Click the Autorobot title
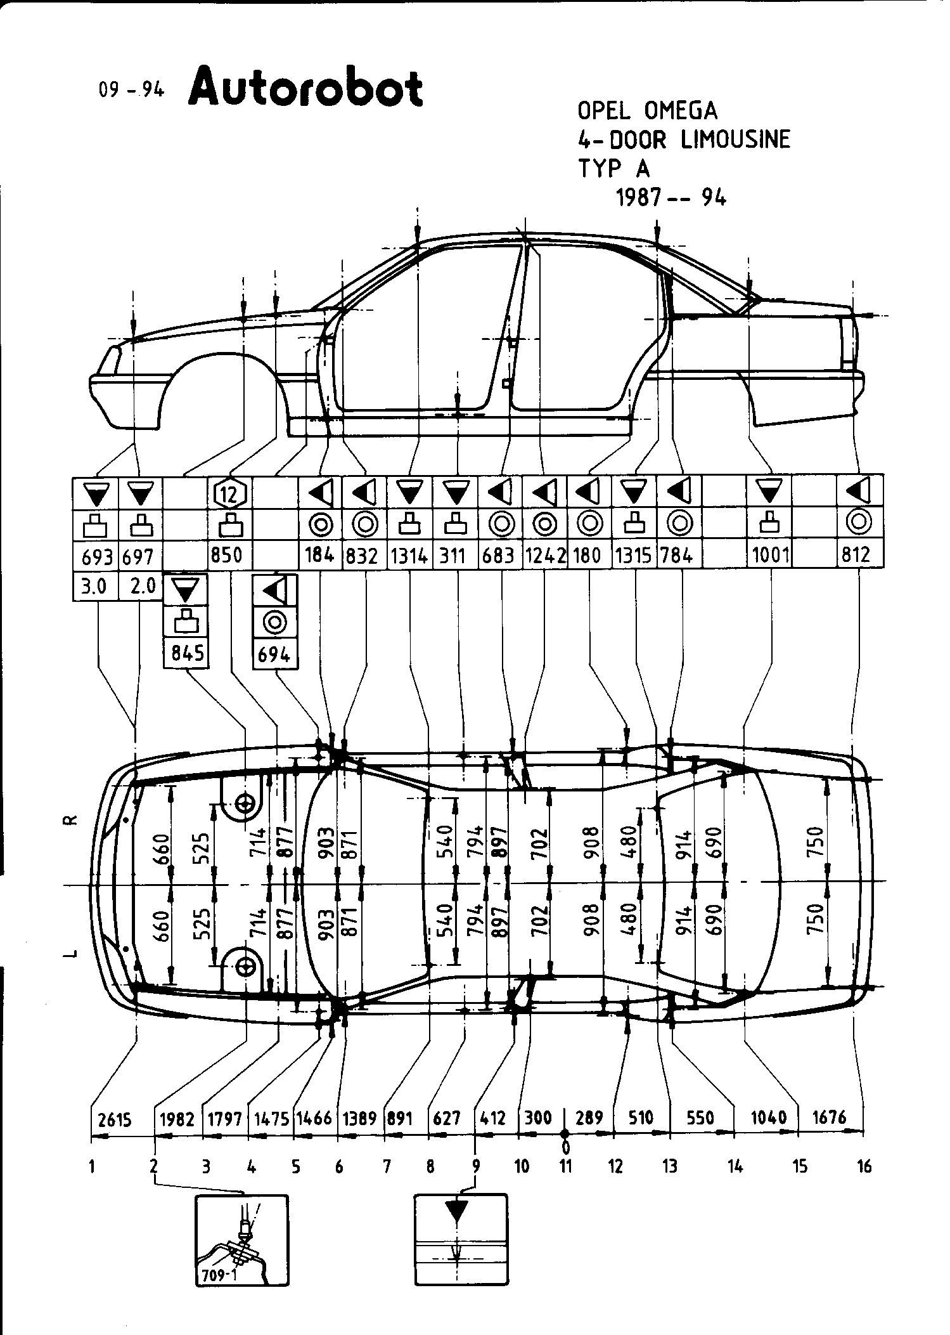(x=305, y=88)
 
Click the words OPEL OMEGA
(x=647, y=111)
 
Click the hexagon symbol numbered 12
(x=230, y=493)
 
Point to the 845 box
(x=186, y=653)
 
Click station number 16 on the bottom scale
(x=864, y=1166)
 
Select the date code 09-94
(x=131, y=90)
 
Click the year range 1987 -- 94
(x=671, y=198)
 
